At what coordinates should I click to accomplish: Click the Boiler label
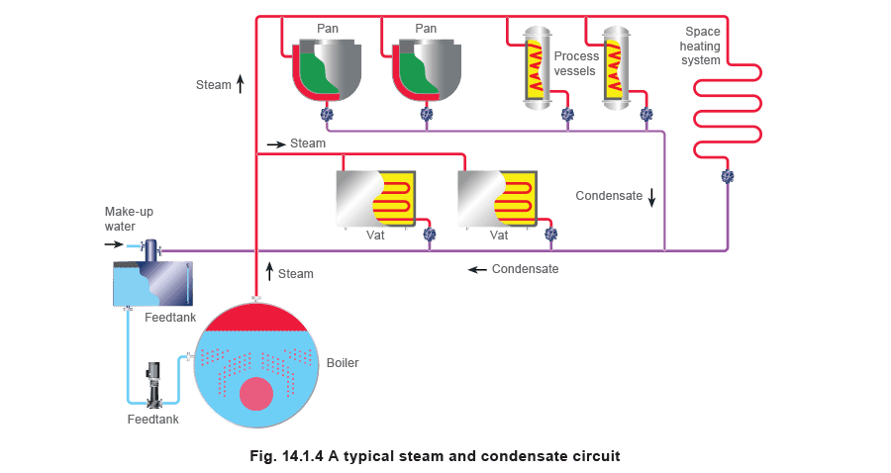pyautogui.click(x=343, y=363)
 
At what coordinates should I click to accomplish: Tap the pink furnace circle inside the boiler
pyautogui.click(x=256, y=394)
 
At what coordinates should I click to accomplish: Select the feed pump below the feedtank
pyautogui.click(x=153, y=385)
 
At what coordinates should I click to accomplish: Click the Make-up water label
pyautogui.click(x=129, y=219)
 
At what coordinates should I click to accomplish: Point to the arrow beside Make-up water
pyautogui.click(x=114, y=244)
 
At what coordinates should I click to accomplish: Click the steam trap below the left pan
pyautogui.click(x=326, y=114)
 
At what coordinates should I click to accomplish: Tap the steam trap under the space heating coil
pyautogui.click(x=728, y=176)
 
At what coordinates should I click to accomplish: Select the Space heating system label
pyautogui.click(x=700, y=46)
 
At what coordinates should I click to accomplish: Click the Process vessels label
pyautogui.click(x=575, y=63)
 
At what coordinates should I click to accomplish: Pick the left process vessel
pyautogui.click(x=537, y=68)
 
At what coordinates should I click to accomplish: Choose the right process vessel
pyautogui.click(x=616, y=68)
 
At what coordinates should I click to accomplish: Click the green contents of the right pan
pyautogui.click(x=418, y=74)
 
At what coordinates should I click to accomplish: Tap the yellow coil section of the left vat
pyautogui.click(x=393, y=199)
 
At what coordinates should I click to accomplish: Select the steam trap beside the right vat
pyautogui.click(x=550, y=234)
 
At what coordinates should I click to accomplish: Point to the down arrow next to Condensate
pyautogui.click(x=651, y=197)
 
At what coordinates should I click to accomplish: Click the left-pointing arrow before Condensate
pyautogui.click(x=477, y=269)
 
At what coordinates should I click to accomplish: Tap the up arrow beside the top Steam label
pyautogui.click(x=241, y=84)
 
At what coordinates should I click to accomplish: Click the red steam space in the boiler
pyautogui.click(x=256, y=319)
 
